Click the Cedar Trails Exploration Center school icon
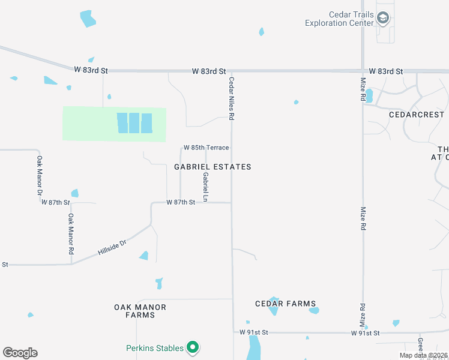pos(382,19)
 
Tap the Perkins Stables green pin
pos(193,347)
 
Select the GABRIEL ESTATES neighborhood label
pos(212,167)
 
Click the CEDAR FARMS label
pos(285,304)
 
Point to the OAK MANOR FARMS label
pos(140,311)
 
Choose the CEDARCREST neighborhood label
pos(417,114)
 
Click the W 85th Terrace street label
pos(206,148)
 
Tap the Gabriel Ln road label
pos(205,187)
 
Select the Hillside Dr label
pos(112,249)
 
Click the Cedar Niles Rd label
pos(231,98)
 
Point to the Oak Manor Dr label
pos(40,176)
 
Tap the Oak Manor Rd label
pos(71,233)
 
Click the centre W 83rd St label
pos(209,71)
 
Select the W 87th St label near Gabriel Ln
pos(181,203)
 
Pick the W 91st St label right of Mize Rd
pos(365,332)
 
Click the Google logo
pos(20,353)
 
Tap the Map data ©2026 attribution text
pos(423,355)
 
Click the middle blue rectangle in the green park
pos(134,123)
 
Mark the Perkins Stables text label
pos(154,347)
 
